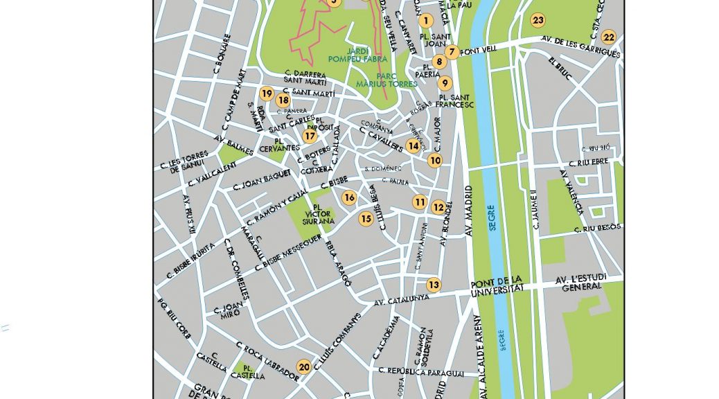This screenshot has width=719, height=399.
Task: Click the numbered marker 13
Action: tap(433, 284)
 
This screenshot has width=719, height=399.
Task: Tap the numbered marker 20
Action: tap(303, 366)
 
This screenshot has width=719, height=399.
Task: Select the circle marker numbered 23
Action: tap(538, 20)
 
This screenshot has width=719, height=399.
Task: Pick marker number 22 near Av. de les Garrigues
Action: tap(608, 37)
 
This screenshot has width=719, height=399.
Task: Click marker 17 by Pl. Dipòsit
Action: tap(310, 136)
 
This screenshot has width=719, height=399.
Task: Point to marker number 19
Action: tap(266, 94)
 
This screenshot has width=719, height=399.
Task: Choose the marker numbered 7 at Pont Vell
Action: tap(452, 51)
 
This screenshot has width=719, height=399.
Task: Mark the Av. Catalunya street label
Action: tap(401, 301)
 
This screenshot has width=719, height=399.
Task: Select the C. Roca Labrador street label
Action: tap(267, 361)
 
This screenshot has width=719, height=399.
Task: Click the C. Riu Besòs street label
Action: tap(598, 227)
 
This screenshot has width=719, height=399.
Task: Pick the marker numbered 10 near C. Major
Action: tap(435, 161)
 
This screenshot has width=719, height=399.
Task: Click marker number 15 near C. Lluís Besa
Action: tap(366, 218)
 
